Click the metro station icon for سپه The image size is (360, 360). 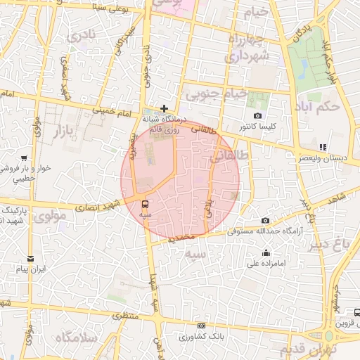pos(145,205)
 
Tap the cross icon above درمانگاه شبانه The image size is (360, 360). pos(164,108)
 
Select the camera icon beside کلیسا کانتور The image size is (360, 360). pos(258,116)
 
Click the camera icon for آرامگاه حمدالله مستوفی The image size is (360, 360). pos(264,221)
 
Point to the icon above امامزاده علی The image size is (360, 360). pos(266,253)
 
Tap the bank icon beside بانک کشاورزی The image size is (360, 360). pos(202,326)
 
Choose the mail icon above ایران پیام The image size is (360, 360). pos(30,259)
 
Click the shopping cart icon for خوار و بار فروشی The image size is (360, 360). pos(24,158)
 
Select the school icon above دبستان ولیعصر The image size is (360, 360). pos(323,147)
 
